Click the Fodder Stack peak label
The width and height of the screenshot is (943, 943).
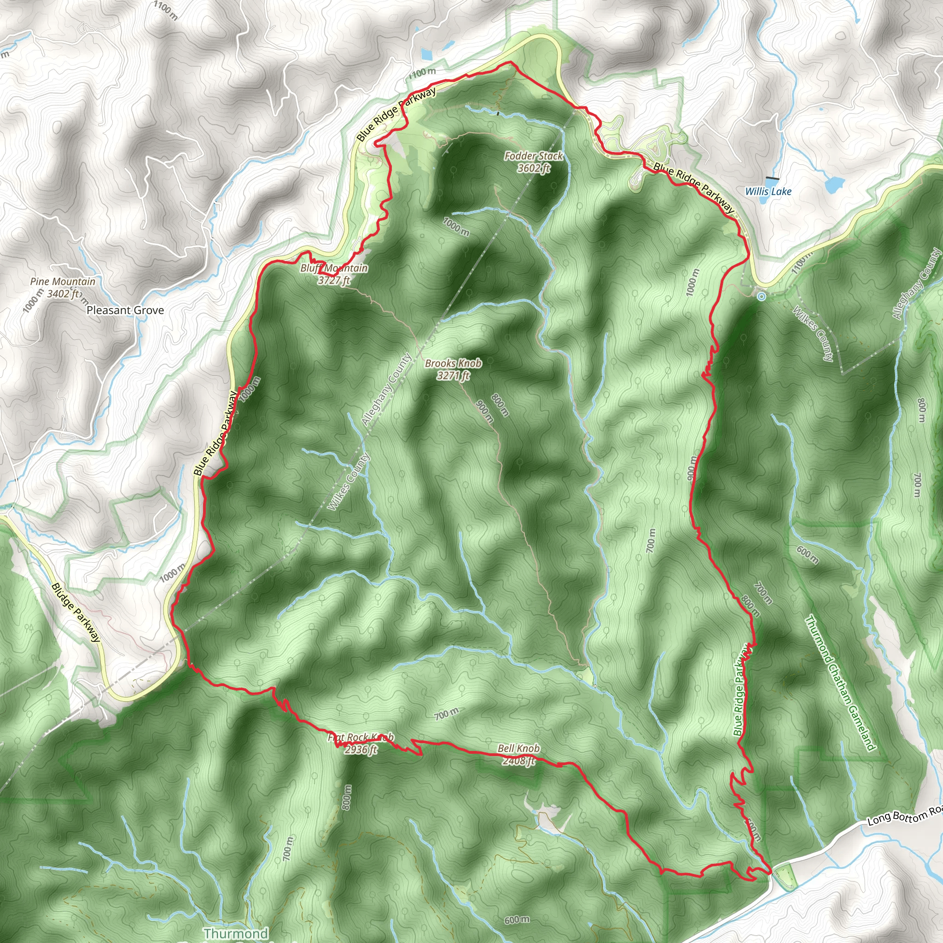tap(534, 162)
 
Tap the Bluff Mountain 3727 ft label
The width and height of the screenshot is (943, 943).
tap(334, 274)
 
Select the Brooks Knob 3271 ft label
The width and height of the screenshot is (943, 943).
tap(453, 369)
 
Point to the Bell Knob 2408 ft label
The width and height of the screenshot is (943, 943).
tap(519, 754)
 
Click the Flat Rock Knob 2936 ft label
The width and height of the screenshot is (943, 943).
tap(361, 743)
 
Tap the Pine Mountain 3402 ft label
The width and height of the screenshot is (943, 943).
tap(63, 287)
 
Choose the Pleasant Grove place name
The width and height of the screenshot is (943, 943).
tap(125, 310)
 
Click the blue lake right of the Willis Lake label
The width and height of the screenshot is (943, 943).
tap(834, 184)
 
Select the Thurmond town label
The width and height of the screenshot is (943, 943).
tap(236, 933)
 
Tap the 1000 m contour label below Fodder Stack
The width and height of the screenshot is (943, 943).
tap(456, 227)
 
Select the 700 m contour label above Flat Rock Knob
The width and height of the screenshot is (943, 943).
tap(447, 714)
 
